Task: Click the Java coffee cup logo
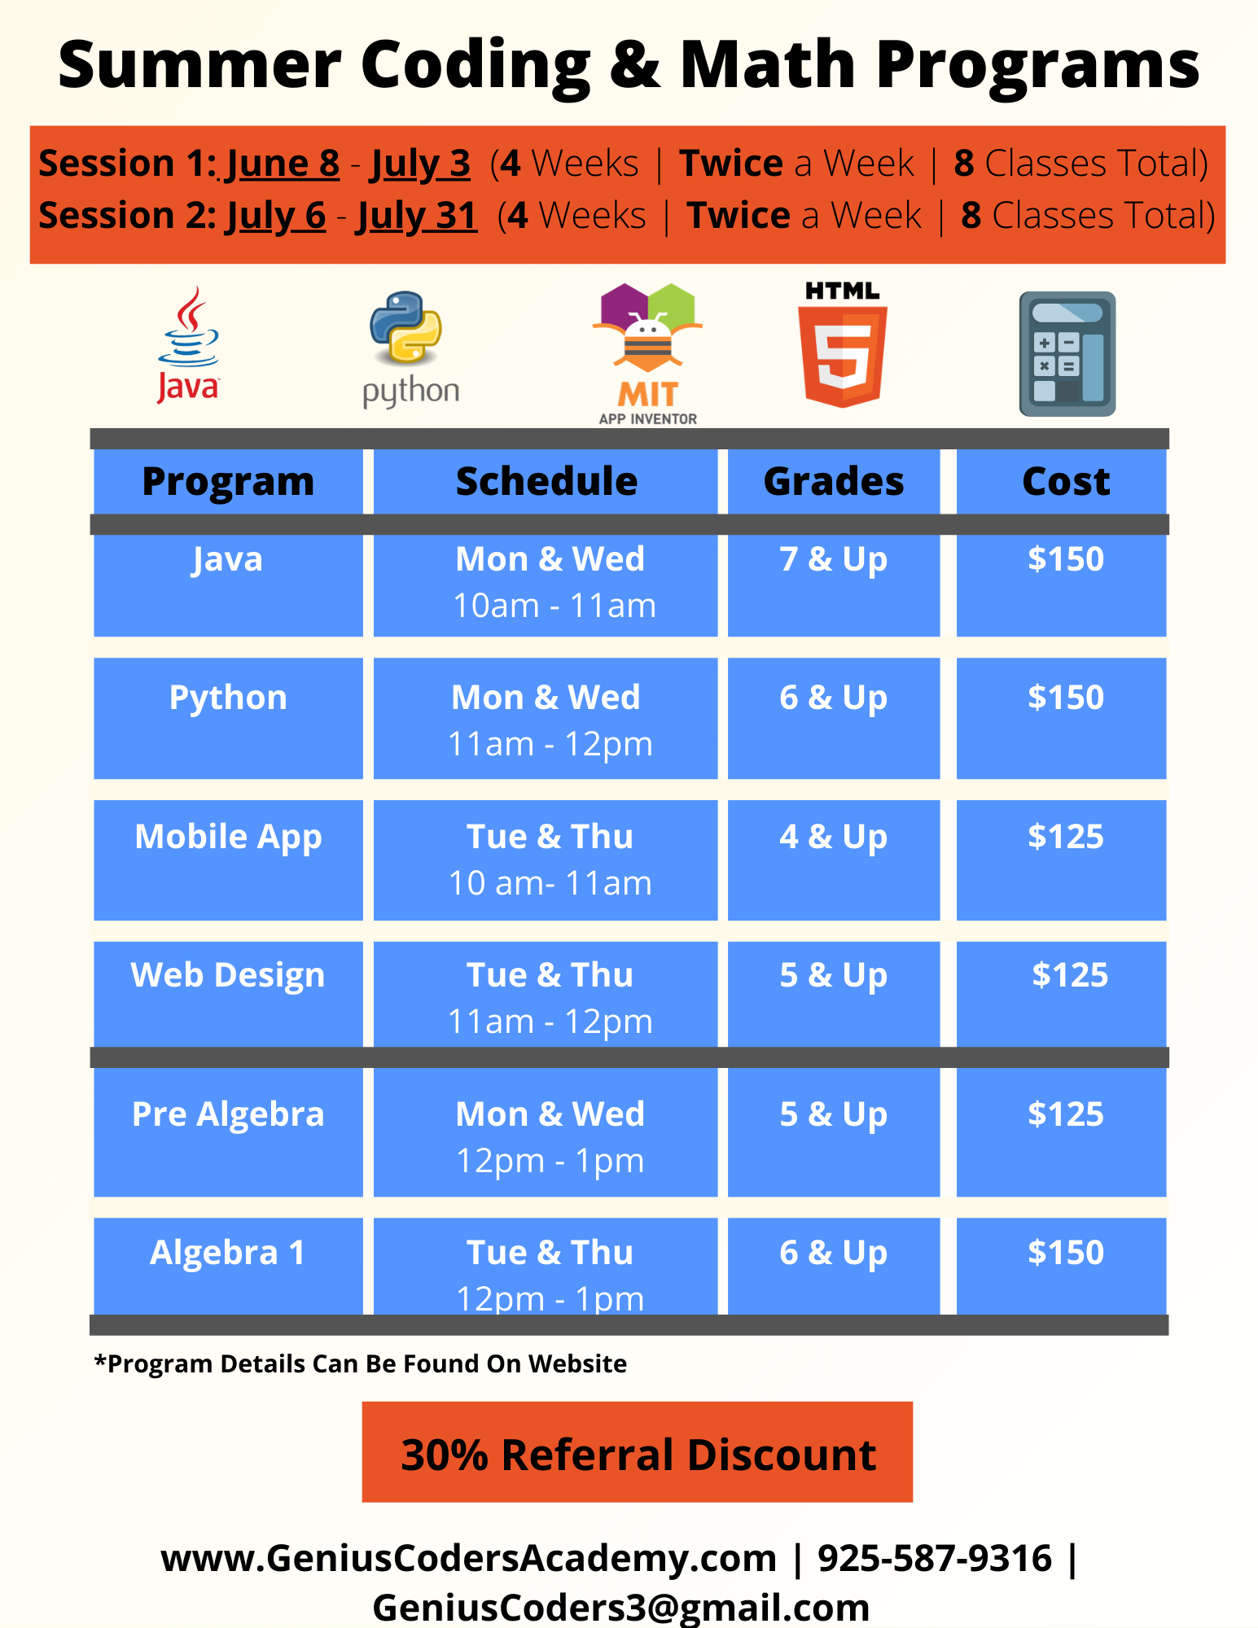click(x=188, y=345)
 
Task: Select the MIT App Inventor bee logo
click(x=647, y=353)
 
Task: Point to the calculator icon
click(x=1067, y=354)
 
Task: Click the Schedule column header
click(x=546, y=481)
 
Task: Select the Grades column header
click(x=834, y=481)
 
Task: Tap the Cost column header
click(x=1066, y=481)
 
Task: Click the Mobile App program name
click(x=228, y=838)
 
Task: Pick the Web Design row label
click(x=228, y=976)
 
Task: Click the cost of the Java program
click(x=1066, y=559)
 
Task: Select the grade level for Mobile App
click(x=834, y=838)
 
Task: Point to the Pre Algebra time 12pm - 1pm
click(x=550, y=1161)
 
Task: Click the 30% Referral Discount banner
click(x=638, y=1452)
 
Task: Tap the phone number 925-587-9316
click(x=935, y=1558)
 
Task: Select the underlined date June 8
click(x=283, y=164)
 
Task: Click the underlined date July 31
click(x=416, y=217)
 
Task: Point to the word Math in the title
click(x=768, y=64)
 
